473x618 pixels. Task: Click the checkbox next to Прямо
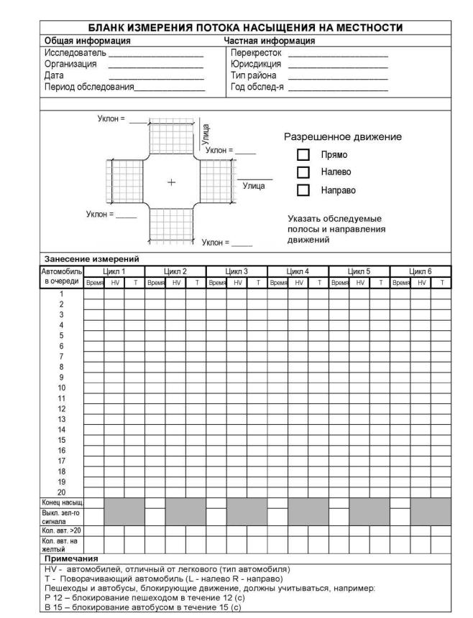coord(303,154)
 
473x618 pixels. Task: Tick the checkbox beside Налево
coord(303,172)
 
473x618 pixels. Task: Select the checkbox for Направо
coord(303,190)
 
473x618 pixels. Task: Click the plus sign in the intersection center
coord(171,182)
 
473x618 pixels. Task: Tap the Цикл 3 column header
coord(236,271)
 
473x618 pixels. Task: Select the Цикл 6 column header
coord(420,271)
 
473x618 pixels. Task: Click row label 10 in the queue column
coord(61,387)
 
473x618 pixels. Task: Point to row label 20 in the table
coord(61,492)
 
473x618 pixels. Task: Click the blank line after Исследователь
coord(156,54)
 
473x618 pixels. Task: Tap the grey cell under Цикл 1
coord(124,510)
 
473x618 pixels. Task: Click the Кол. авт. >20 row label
coord(61,530)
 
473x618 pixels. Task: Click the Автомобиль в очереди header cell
coord(63,276)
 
